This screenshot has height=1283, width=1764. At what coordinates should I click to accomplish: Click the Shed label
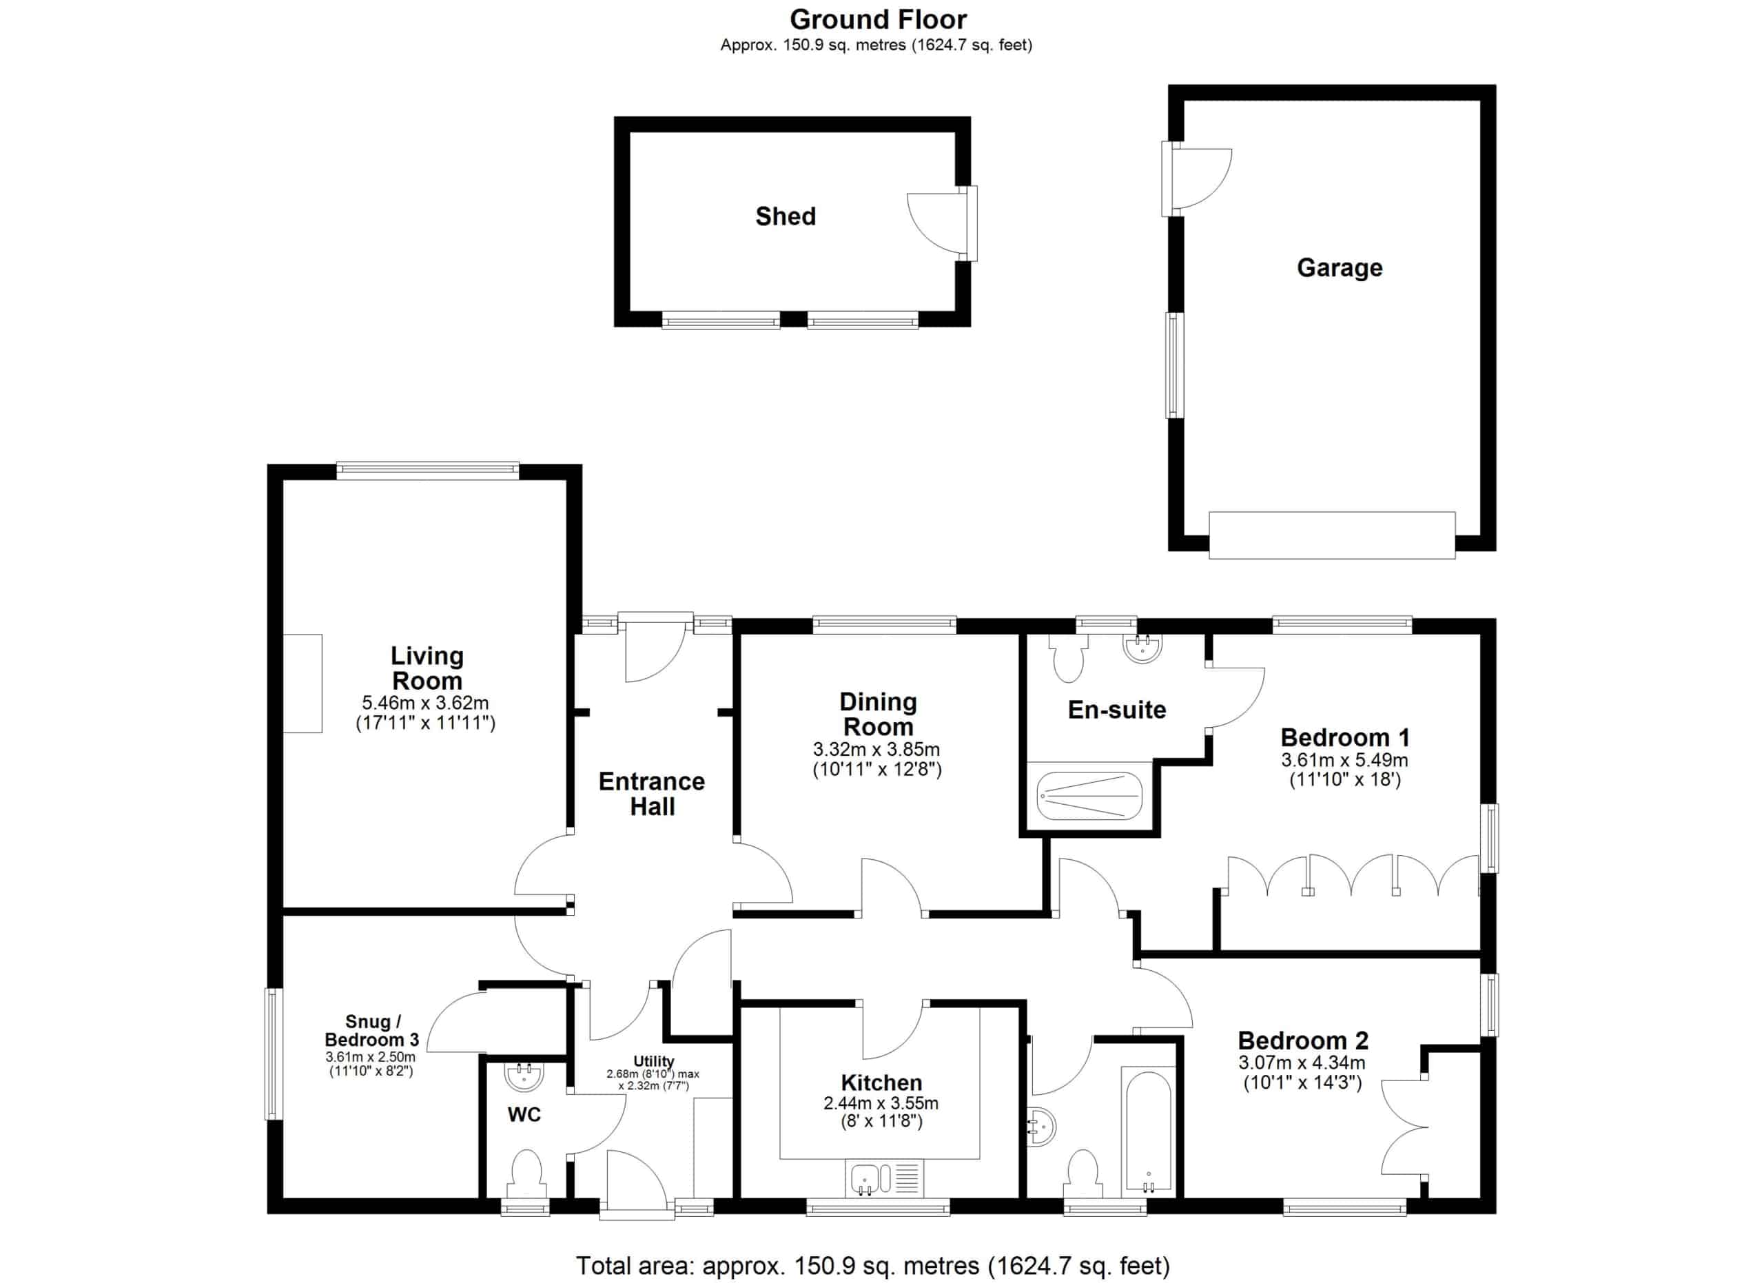(x=786, y=216)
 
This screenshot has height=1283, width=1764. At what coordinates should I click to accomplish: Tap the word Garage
(x=1340, y=268)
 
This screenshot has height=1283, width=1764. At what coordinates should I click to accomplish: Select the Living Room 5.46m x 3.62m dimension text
(x=425, y=704)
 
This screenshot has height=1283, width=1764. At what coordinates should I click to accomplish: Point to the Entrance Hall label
(x=652, y=794)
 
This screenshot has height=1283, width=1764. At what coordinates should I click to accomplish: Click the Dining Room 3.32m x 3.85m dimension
(x=876, y=750)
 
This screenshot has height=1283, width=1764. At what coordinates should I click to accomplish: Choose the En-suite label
(x=1117, y=710)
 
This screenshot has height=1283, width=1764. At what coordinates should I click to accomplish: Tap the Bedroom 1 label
(x=1345, y=737)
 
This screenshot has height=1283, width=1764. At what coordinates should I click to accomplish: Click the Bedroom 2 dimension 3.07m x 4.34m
(x=1302, y=1063)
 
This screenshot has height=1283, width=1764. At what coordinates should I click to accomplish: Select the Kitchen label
(x=881, y=1082)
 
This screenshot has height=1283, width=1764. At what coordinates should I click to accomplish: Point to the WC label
(x=524, y=1115)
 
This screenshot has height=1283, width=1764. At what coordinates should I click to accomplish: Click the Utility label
(x=653, y=1061)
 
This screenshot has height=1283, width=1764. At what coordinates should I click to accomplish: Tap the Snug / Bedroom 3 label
(x=372, y=1031)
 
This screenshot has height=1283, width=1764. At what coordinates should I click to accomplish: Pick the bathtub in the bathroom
(x=1148, y=1133)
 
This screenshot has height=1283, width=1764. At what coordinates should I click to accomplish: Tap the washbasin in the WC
(x=524, y=1077)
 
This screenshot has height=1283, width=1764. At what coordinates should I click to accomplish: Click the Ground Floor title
(x=878, y=19)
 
